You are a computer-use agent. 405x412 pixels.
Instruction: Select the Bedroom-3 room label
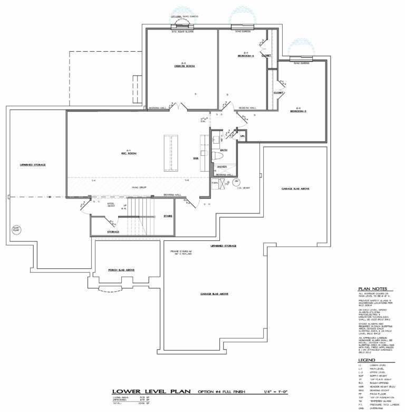click(297, 111)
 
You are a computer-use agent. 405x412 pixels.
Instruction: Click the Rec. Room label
click(128, 153)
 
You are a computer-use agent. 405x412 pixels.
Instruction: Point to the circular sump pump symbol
click(15, 229)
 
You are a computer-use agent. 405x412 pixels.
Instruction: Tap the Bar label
click(196, 158)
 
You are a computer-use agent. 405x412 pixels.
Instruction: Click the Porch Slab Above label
click(121, 270)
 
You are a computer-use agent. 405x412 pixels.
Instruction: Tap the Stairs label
click(168, 216)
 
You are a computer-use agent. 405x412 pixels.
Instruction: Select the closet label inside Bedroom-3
click(278, 92)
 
